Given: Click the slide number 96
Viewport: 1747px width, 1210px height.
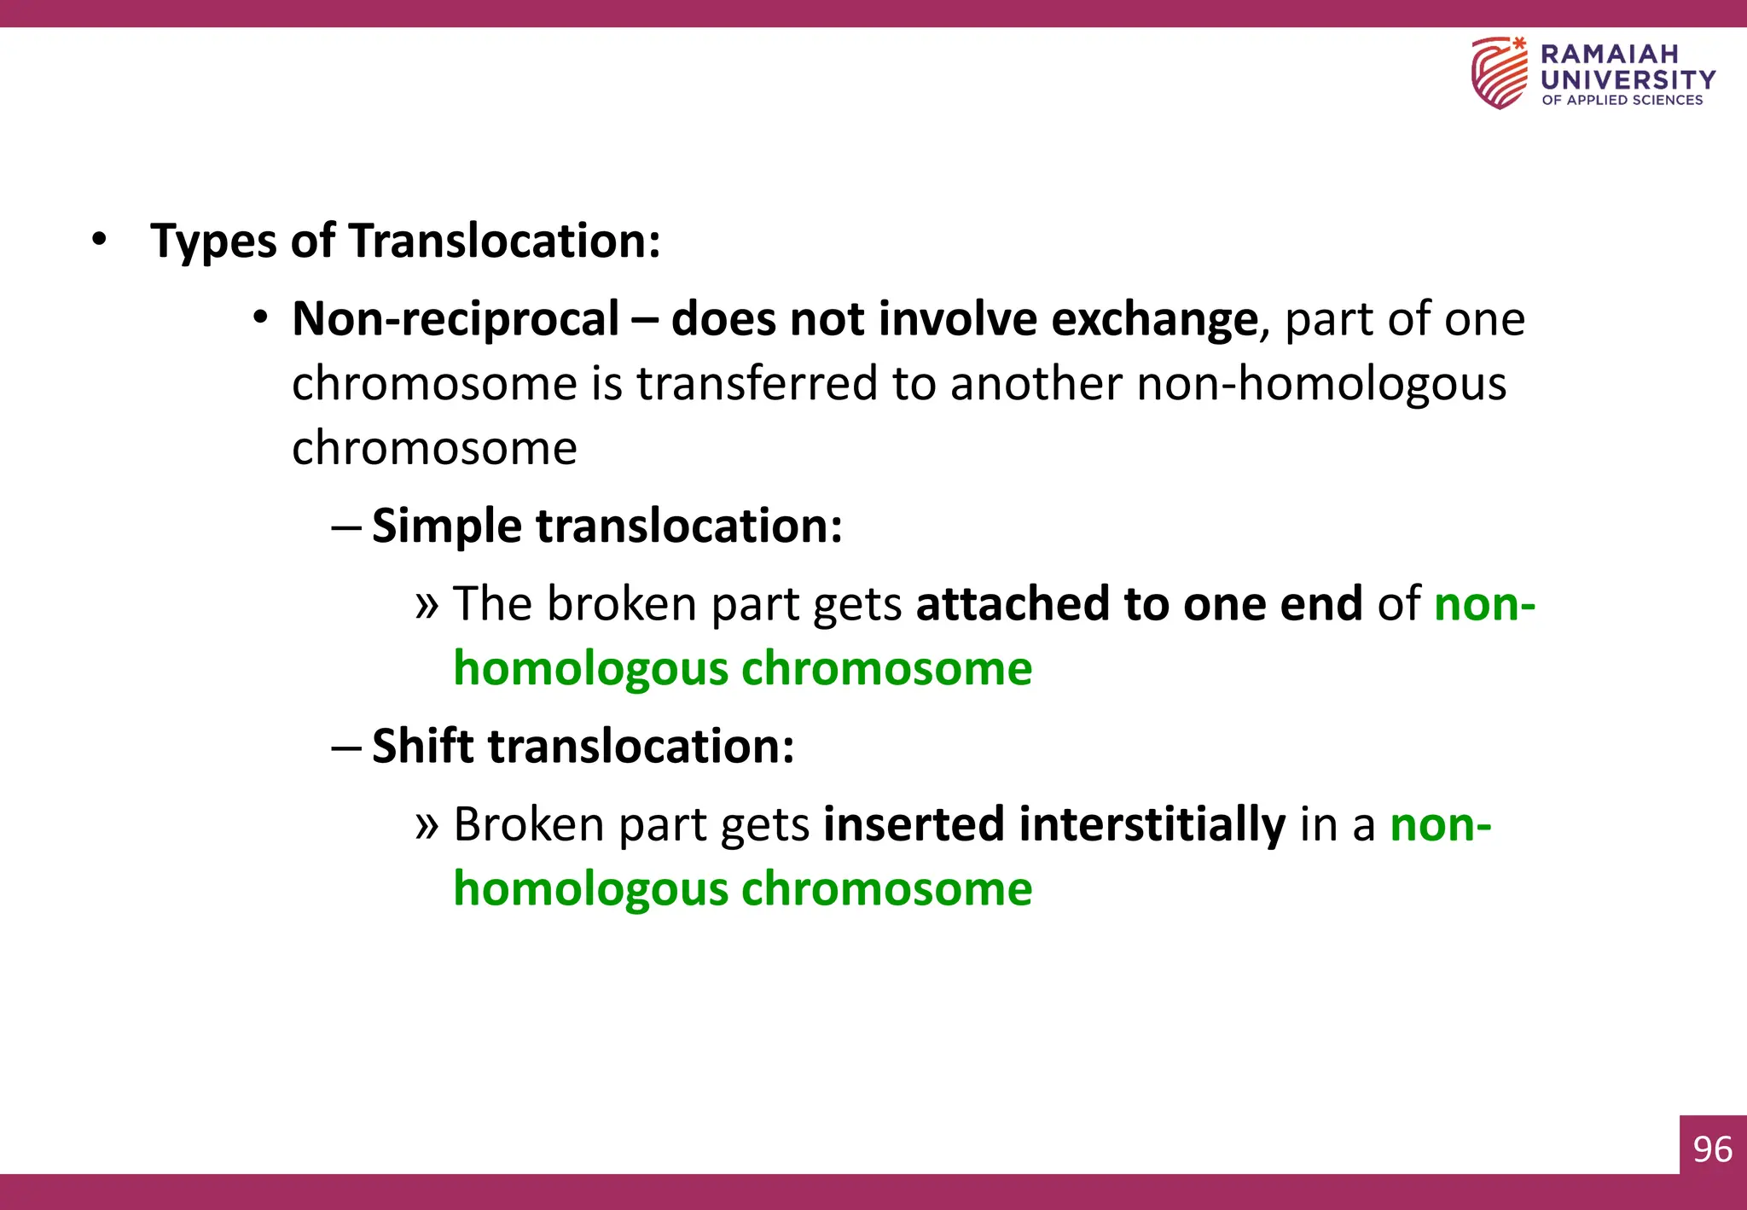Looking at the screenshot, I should click(x=1712, y=1149).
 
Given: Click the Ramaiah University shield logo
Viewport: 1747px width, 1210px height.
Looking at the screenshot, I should click(x=1499, y=73).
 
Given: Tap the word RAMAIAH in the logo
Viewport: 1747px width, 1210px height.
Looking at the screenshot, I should click(x=1609, y=54).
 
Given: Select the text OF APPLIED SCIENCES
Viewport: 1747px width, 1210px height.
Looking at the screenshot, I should click(x=1622, y=100).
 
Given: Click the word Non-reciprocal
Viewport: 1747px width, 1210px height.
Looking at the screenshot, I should click(x=456, y=319).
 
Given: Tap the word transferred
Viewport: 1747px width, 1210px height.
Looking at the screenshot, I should click(x=757, y=383).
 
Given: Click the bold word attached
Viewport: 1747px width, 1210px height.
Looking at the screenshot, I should click(x=1012, y=603).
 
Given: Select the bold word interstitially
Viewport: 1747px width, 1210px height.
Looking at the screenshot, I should click(x=1152, y=824).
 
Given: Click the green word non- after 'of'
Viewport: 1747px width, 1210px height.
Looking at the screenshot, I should click(x=1484, y=603).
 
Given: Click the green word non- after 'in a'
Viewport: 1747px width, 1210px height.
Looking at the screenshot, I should click(x=1440, y=824).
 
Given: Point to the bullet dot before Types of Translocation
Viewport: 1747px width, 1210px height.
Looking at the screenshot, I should click(x=100, y=240).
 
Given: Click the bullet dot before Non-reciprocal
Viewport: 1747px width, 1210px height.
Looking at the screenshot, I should click(x=261, y=318).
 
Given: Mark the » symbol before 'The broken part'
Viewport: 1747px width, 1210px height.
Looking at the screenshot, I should click(x=427, y=604).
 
